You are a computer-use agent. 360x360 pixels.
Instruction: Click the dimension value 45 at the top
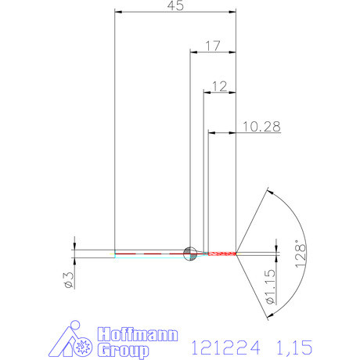[x=175, y=6]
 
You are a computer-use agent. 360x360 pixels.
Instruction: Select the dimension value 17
[x=213, y=46]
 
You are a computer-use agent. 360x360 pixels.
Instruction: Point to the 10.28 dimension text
[x=263, y=125]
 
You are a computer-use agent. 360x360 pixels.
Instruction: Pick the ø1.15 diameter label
[x=269, y=286]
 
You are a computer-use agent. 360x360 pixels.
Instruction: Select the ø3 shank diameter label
[x=69, y=280]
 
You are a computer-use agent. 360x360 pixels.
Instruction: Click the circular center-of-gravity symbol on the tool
[x=189, y=253]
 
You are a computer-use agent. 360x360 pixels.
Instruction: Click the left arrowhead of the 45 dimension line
[x=117, y=13]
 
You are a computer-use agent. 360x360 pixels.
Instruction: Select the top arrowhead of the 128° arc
[x=268, y=190]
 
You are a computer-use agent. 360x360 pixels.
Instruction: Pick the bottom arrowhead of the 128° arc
[x=268, y=316]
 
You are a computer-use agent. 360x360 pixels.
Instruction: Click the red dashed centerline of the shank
[x=149, y=254]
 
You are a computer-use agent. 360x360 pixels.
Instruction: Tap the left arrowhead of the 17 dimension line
[x=193, y=52]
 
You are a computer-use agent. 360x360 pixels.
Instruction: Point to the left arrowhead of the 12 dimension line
[x=206, y=92]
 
